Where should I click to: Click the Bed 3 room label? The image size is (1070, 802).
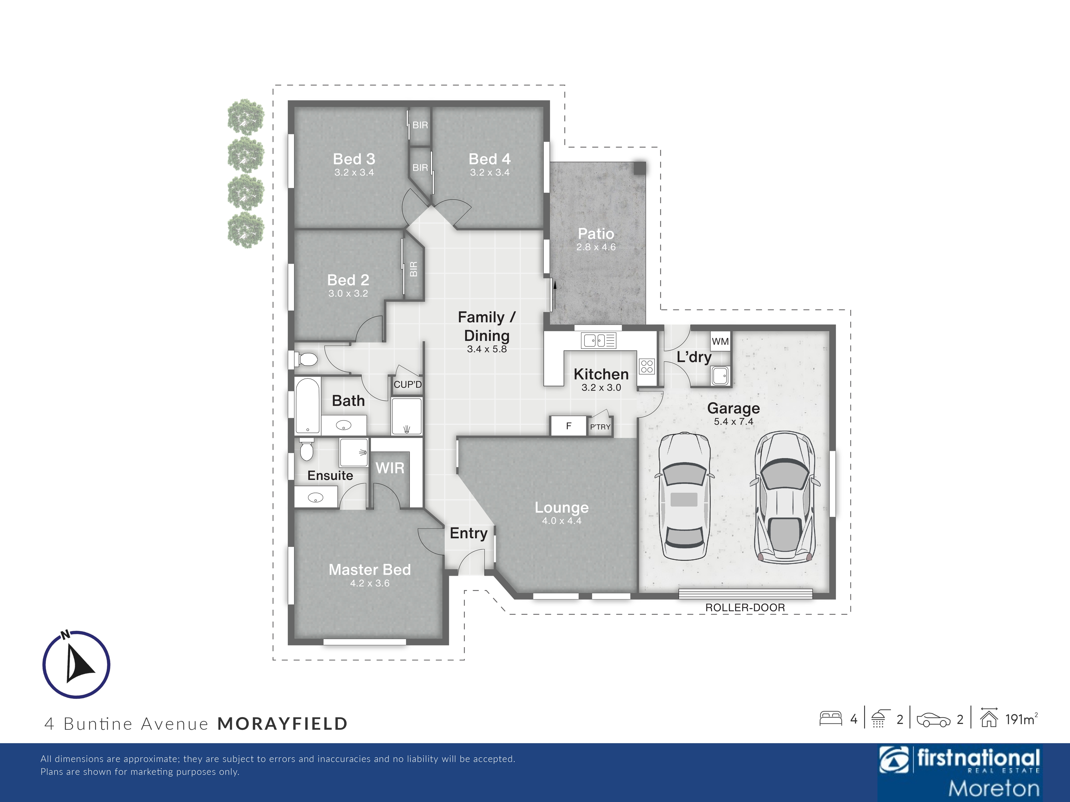pyautogui.click(x=354, y=159)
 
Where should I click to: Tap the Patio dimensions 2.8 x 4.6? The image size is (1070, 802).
pyautogui.click(x=596, y=247)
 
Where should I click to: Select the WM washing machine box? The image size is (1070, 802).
pyautogui.click(x=720, y=341)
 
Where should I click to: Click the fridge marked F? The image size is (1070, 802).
pyautogui.click(x=569, y=426)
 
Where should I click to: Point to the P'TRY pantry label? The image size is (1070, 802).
pyautogui.click(x=600, y=427)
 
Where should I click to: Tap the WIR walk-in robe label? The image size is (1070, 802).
pyautogui.click(x=390, y=468)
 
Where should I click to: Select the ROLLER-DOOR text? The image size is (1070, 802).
pyautogui.click(x=745, y=608)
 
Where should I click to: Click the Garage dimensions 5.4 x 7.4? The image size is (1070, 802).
pyautogui.click(x=733, y=422)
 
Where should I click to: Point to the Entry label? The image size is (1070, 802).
pyautogui.click(x=468, y=533)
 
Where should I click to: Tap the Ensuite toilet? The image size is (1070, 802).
pyautogui.click(x=306, y=449)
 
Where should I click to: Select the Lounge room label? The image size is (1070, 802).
pyautogui.click(x=561, y=508)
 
